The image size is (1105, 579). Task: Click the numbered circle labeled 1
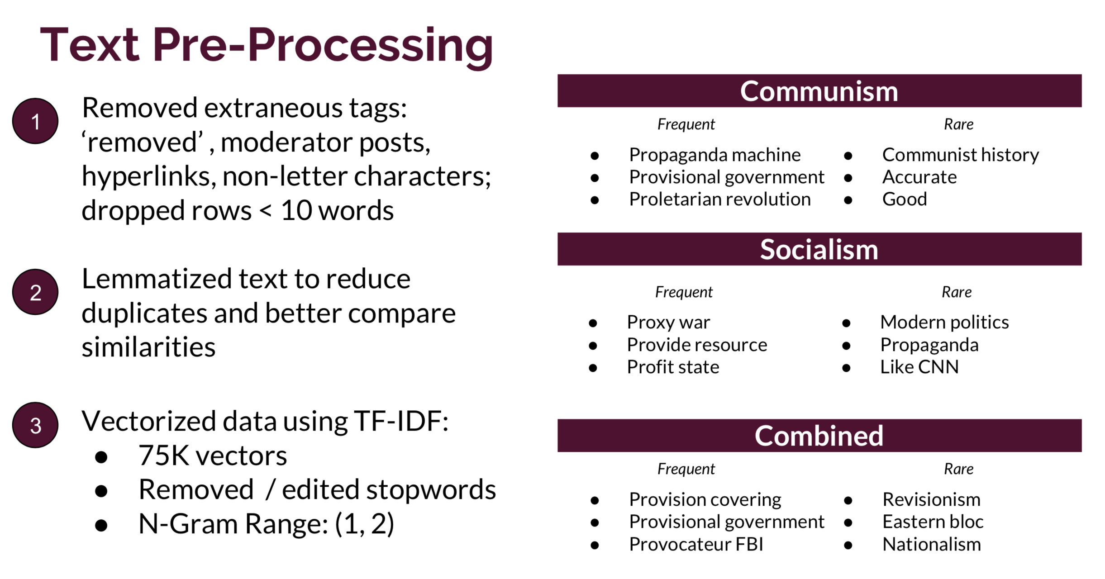35,121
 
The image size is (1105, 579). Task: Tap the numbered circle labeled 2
35,292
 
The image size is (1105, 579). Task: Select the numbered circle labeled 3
35,425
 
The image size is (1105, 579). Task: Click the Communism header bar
819,91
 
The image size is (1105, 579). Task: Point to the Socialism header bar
819,249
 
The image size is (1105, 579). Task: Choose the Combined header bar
819,436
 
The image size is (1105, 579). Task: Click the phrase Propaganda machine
714,155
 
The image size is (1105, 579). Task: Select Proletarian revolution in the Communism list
720,199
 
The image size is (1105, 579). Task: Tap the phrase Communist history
960,155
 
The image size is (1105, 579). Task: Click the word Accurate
919,177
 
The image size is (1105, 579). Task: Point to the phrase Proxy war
668,323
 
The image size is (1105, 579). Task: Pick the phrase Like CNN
919,367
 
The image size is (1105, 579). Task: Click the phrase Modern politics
944,323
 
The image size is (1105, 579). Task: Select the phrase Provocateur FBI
696,544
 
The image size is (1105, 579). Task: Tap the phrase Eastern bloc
933,522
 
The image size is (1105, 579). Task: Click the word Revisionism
931,500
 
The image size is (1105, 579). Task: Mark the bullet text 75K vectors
212,456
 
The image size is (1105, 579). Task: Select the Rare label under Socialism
957,292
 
